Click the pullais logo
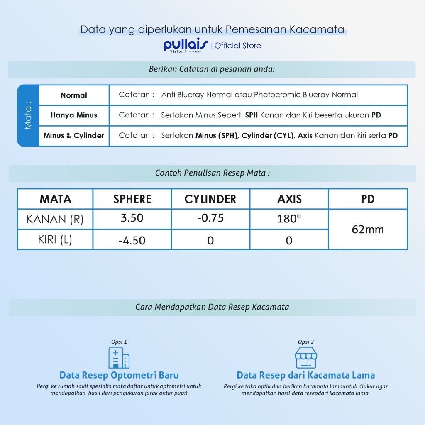[186, 45]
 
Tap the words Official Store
[238, 46]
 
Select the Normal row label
[74, 95]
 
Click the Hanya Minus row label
[74, 115]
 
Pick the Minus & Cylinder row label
[74, 136]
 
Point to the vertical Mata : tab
[28, 115]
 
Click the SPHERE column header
[132, 199]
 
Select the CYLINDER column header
[210, 199]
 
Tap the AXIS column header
[289, 199]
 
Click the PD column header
[368, 199]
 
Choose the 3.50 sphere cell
[132, 218]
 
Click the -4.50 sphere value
[132, 240]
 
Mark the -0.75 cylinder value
[210, 218]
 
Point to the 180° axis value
[289, 219]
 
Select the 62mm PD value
[368, 229]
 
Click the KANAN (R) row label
[55, 219]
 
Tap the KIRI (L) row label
[55, 240]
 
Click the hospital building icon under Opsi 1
[119, 357]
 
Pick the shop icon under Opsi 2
[306, 357]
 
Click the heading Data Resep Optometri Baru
[119, 375]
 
